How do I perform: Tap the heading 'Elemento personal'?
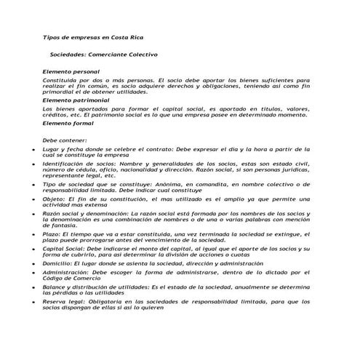[x=71, y=73]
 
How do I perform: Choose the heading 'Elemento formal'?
[x=68, y=123]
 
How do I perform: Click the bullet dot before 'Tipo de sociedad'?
[x=35, y=186]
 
